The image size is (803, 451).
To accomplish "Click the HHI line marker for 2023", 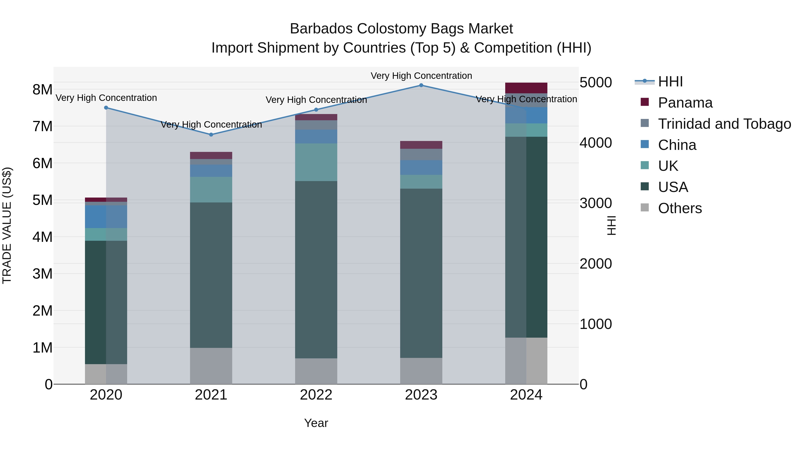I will point(421,85).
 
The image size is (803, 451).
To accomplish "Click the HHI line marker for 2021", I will point(211,135).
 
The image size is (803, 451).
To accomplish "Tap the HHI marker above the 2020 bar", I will point(106,108).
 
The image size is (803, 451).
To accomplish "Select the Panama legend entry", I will point(685,103).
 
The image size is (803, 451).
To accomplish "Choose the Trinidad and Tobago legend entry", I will point(724,124).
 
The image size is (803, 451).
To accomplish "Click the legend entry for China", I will point(677,145).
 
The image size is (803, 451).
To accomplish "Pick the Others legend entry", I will point(680,208).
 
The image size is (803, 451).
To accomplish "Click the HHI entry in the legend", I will point(670,82).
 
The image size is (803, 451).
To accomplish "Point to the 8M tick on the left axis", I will point(42,90).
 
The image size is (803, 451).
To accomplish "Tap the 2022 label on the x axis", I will point(316,395).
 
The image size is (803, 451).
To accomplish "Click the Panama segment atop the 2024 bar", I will point(526,88).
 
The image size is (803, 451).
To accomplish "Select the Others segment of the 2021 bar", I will point(211,366).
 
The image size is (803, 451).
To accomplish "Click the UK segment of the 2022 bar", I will point(316,162).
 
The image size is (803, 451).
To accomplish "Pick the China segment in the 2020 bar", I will point(106,217).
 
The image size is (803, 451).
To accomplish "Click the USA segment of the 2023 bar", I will point(421,273).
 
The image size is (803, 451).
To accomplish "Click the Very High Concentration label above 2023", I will point(421,76).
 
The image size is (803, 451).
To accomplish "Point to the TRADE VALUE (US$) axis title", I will point(7,225).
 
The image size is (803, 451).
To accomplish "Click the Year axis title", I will point(316,423).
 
